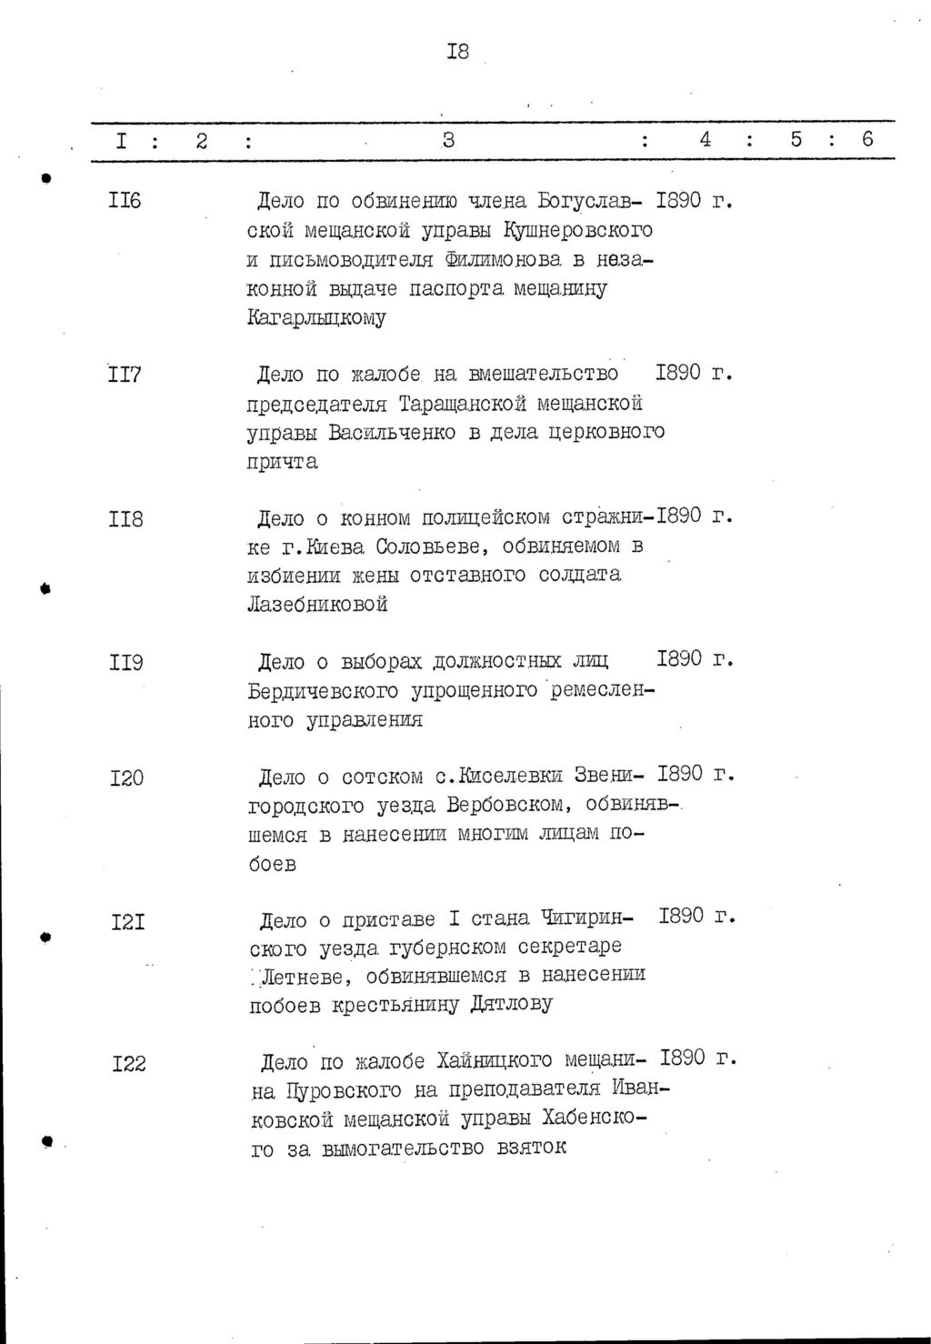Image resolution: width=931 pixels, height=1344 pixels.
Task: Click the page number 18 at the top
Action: point(457,52)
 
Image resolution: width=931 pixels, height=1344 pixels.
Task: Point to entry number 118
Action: point(125,520)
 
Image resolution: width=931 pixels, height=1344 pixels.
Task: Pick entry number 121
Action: point(128,922)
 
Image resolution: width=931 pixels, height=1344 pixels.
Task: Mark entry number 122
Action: point(129,1063)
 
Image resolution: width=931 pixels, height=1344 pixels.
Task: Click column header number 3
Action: point(447,140)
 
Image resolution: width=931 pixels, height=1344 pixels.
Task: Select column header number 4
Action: point(705,139)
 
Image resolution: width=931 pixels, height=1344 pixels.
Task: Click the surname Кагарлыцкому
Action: point(316,318)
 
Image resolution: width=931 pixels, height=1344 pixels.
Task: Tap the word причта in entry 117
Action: point(283,461)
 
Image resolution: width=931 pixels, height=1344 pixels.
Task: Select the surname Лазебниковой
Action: point(317,604)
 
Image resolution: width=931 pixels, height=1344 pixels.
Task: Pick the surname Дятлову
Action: point(512,1005)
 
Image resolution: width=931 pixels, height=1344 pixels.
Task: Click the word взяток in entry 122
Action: point(532,1147)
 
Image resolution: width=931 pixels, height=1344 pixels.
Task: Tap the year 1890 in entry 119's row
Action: point(680,658)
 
